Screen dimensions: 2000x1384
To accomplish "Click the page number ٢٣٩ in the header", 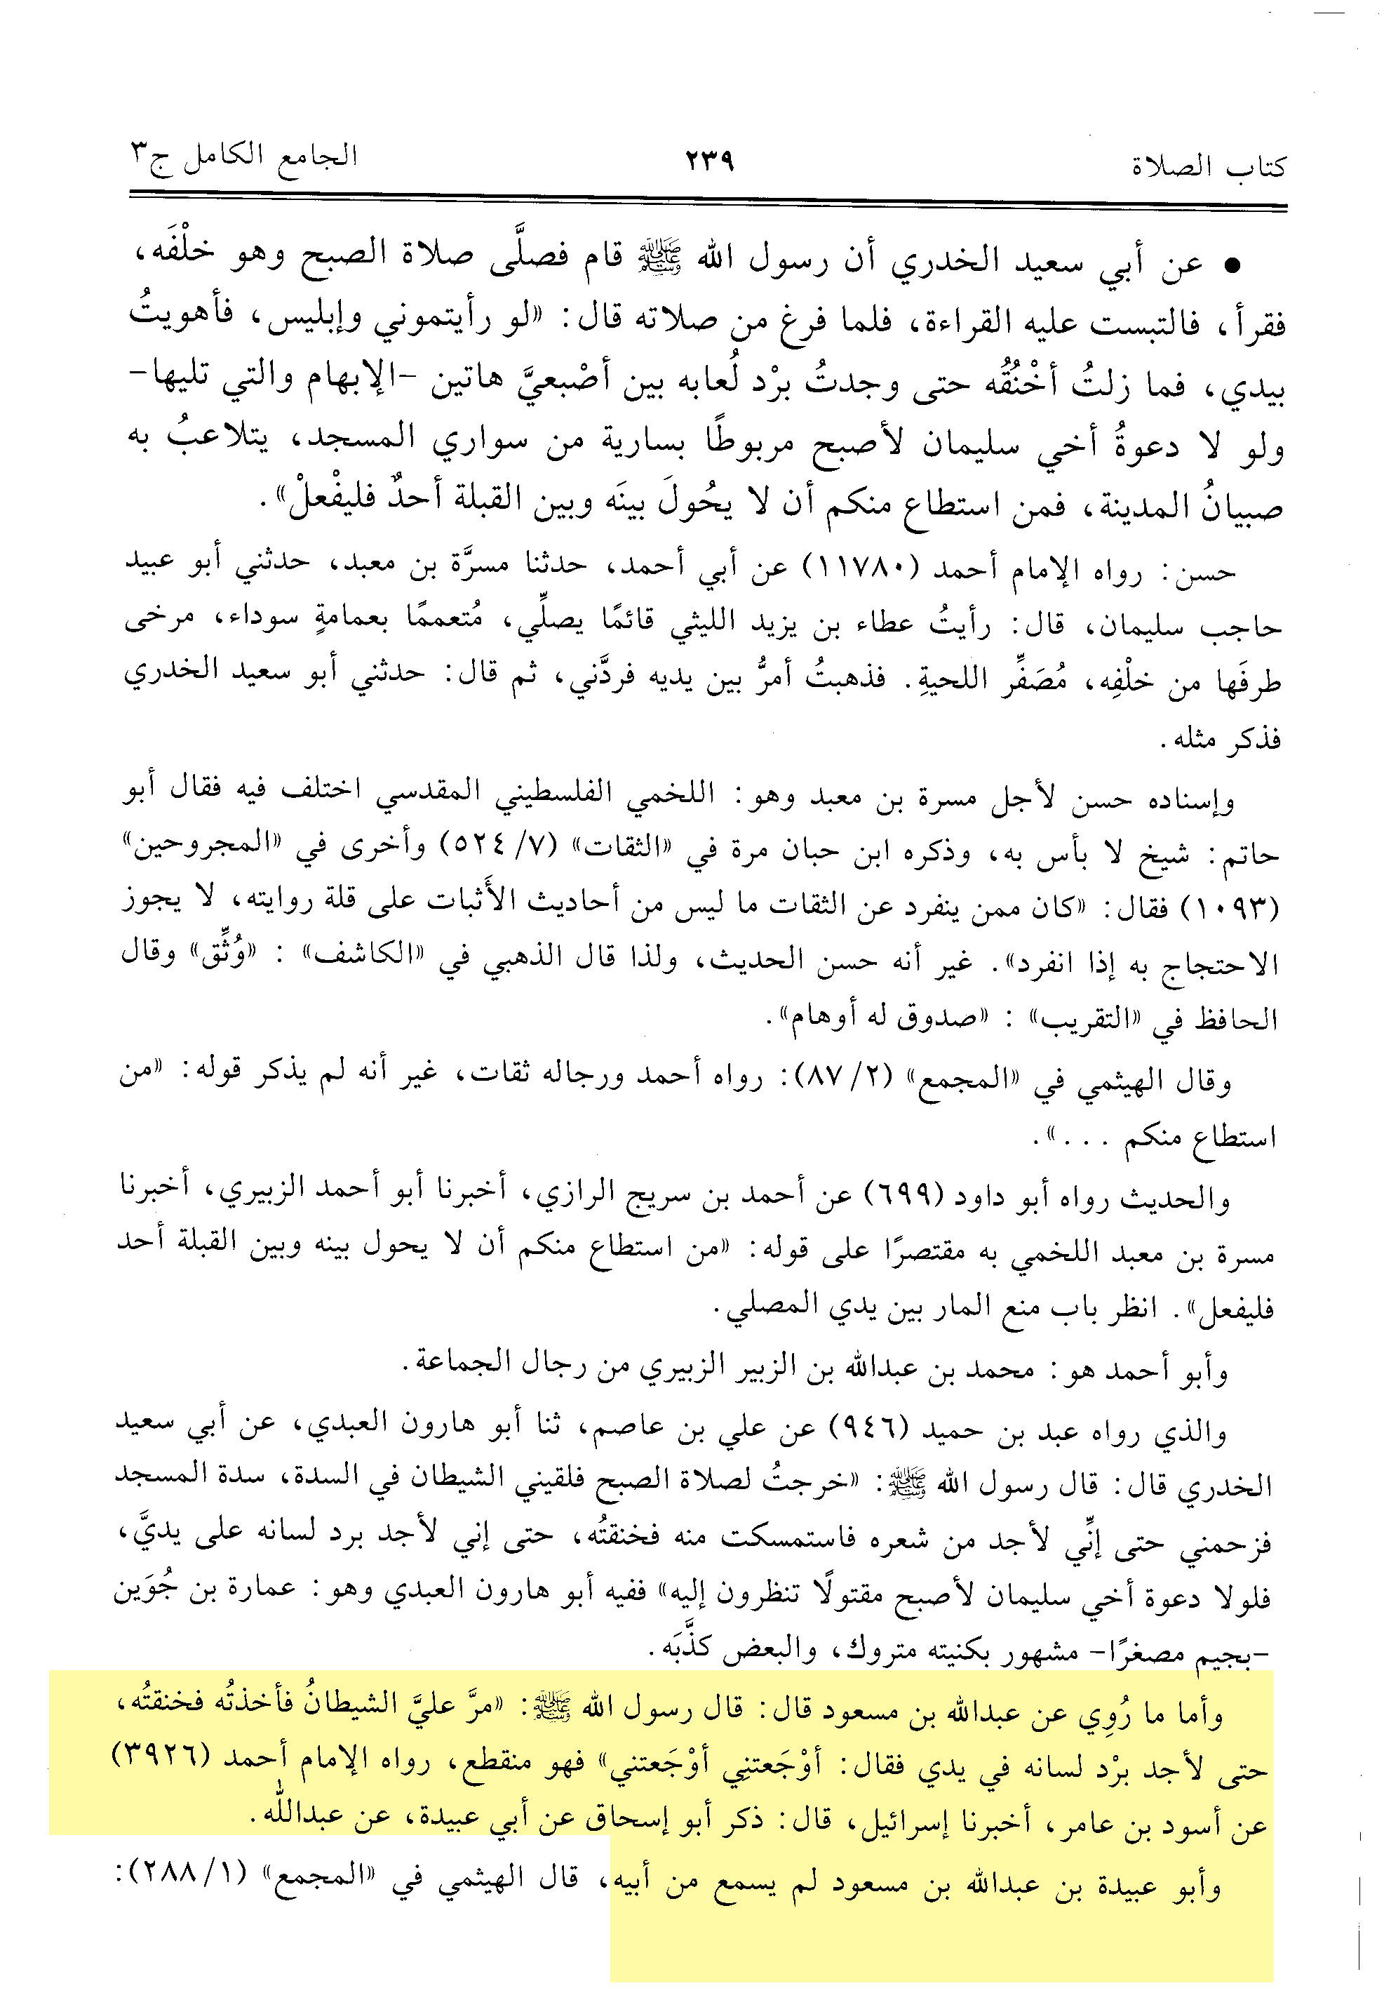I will (x=709, y=161).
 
